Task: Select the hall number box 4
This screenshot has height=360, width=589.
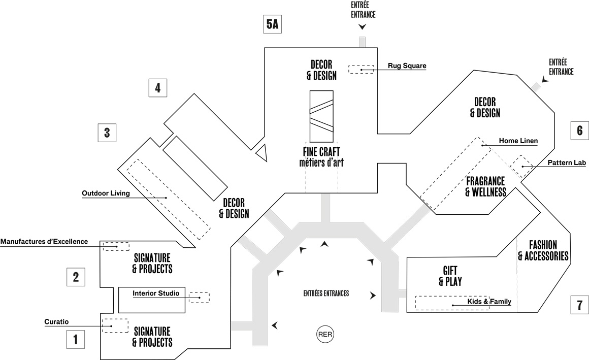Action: point(157,88)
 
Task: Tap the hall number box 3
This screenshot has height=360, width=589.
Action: point(107,133)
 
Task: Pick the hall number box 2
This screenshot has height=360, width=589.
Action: point(76,277)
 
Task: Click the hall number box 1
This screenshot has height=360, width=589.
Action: point(76,339)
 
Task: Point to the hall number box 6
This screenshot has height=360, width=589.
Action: point(579,130)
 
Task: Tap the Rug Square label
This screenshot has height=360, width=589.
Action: point(407,66)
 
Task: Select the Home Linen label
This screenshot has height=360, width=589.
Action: point(518,141)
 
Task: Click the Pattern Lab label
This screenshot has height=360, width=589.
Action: point(567,163)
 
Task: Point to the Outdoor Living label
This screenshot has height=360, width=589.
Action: point(106,193)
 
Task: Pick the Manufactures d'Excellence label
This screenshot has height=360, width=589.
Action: point(44,241)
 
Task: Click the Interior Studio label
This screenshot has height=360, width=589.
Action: point(159,293)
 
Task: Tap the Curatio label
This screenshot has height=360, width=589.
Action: point(56,321)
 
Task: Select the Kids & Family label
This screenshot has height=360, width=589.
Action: point(489,302)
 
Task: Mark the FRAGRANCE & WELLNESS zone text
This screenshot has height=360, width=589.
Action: point(485,186)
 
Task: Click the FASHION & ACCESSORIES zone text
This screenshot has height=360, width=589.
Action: point(543,250)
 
